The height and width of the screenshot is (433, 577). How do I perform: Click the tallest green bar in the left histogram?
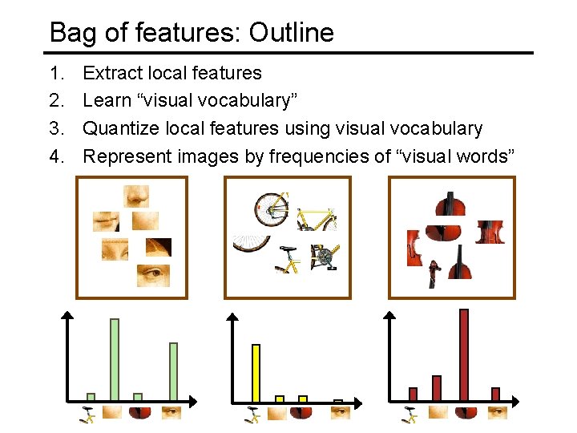114,359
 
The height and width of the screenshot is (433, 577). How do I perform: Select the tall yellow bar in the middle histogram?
256,372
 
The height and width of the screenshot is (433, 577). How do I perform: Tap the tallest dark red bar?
463,354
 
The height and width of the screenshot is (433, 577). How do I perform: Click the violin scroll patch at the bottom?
434,273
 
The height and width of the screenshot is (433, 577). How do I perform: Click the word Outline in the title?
291,33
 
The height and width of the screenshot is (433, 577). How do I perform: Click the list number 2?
55,100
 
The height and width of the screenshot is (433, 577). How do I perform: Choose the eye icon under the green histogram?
171,412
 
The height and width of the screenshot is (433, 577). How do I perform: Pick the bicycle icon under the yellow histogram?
253,413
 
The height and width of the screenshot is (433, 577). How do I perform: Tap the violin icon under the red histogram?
463,412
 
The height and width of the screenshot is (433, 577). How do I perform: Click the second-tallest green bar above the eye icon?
173,371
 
